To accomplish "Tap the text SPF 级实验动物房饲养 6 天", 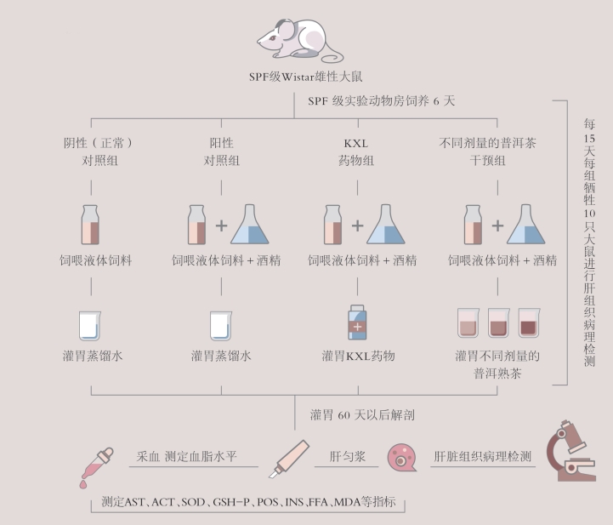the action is point(382,100).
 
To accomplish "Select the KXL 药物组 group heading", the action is point(358,151).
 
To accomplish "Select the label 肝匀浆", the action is point(347,456).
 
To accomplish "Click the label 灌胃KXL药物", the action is point(358,355).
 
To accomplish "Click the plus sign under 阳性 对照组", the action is point(221,226).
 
